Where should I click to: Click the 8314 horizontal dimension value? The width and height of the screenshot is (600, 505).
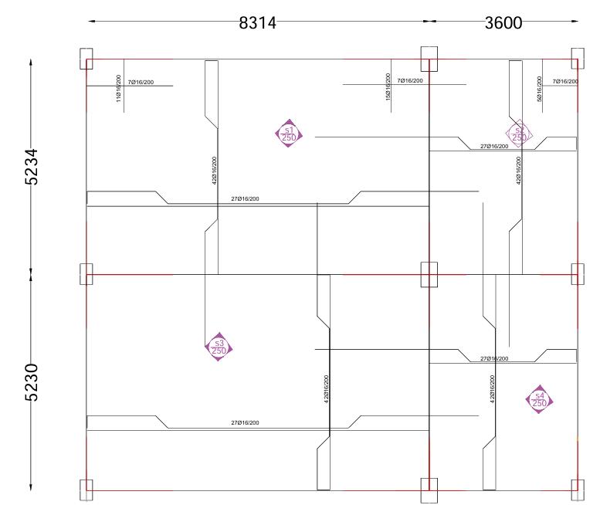tap(257, 23)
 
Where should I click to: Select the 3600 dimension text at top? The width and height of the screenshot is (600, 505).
tap(503, 23)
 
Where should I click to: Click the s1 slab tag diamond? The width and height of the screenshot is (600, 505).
tap(289, 134)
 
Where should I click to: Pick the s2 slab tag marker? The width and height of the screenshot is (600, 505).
tap(519, 134)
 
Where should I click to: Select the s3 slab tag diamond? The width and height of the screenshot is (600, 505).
tap(219, 347)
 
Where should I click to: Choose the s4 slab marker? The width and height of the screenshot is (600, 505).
tap(540, 400)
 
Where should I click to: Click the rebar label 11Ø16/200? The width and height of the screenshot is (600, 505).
tap(119, 90)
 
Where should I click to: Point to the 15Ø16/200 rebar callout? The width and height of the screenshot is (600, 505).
tap(388, 86)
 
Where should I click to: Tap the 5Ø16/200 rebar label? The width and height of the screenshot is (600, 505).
tap(539, 88)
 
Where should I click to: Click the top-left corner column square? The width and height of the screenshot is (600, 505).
tap(86, 59)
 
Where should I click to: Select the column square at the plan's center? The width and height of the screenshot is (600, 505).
tap(429, 274)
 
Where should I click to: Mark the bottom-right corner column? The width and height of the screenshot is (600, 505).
tap(577, 490)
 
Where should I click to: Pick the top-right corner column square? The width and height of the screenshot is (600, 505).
tap(577, 59)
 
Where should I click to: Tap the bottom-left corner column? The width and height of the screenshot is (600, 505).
tap(86, 490)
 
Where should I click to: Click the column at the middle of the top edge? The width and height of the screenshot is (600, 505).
tap(429, 59)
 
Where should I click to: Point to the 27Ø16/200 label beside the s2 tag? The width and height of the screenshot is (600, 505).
tap(494, 146)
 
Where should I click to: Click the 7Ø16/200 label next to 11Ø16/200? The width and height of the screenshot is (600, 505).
tap(142, 81)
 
